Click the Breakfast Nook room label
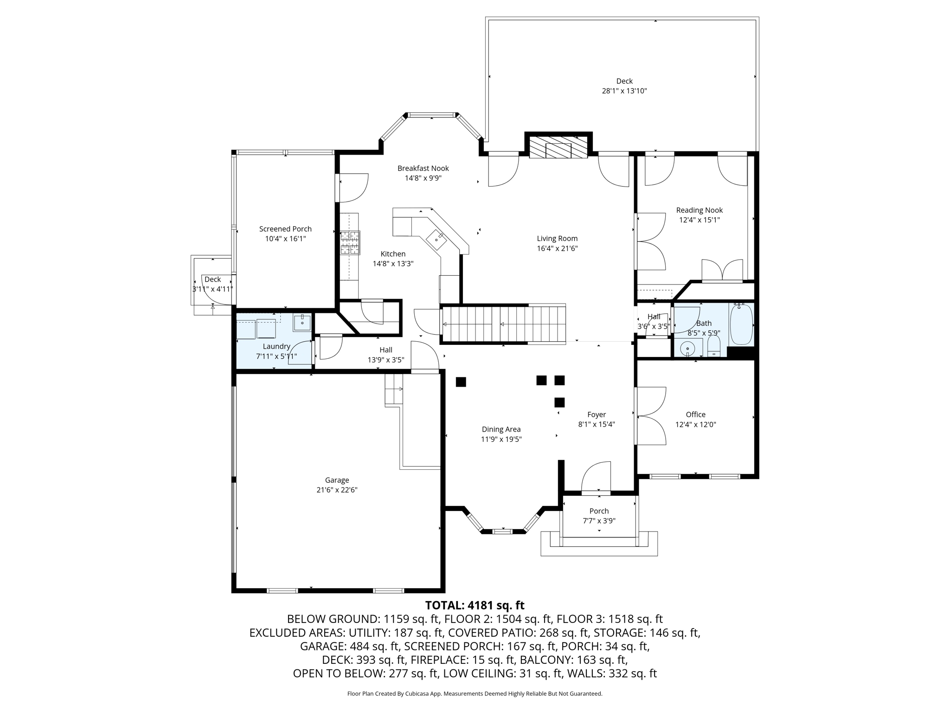[423, 169]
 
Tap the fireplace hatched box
[558, 147]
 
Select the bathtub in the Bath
[741, 324]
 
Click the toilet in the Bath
[714, 346]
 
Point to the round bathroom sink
[687, 348]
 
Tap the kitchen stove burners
[350, 243]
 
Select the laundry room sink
[302, 322]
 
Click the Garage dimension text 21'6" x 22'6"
[337, 490]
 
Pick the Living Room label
[557, 239]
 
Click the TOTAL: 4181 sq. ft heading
[475, 605]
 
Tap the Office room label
[695, 415]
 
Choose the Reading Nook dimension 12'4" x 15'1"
[700, 220]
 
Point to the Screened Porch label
[285, 229]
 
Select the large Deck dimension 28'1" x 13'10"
[624, 91]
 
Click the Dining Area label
[501, 429]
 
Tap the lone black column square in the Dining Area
[461, 382]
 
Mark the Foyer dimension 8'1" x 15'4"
[597, 424]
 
